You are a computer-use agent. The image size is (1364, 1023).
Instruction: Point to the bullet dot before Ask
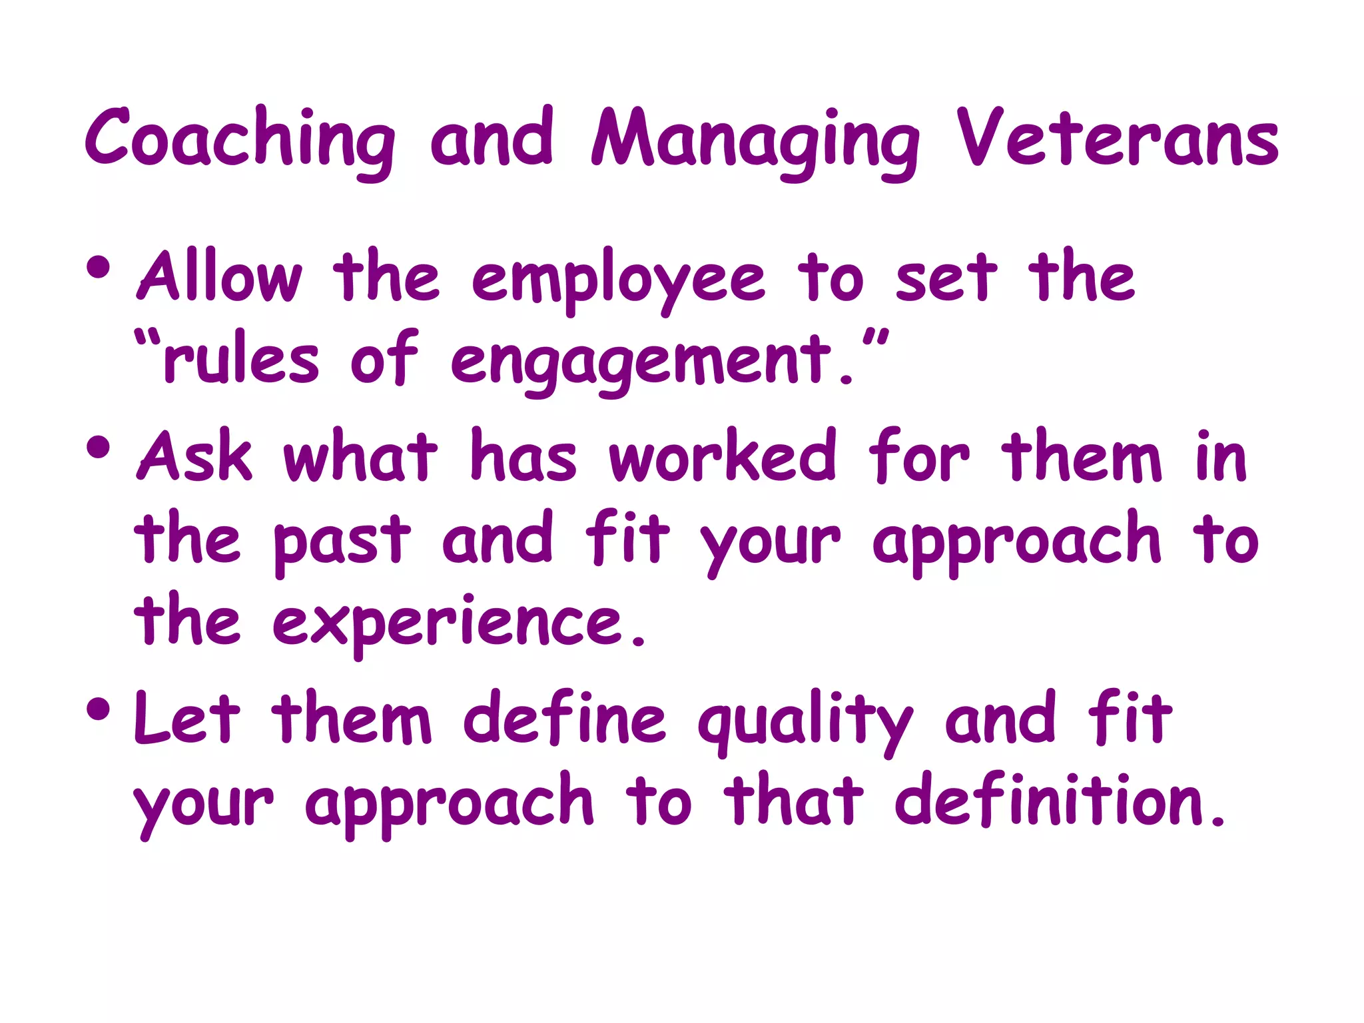coord(98,448)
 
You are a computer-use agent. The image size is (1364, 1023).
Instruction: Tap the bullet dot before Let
coord(98,709)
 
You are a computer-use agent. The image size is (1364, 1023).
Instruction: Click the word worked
coord(722,456)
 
